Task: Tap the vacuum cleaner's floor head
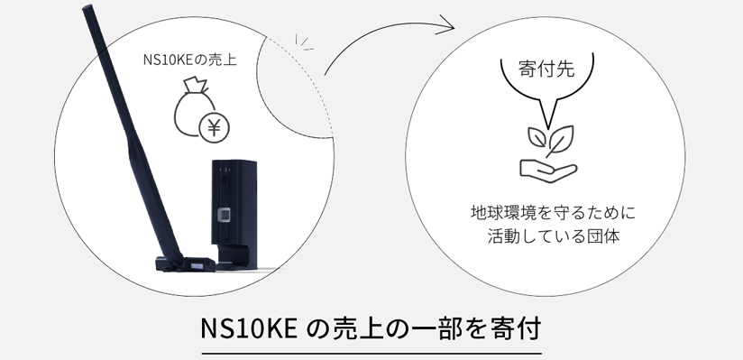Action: (186, 264)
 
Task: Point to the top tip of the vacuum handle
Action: (87, 10)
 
